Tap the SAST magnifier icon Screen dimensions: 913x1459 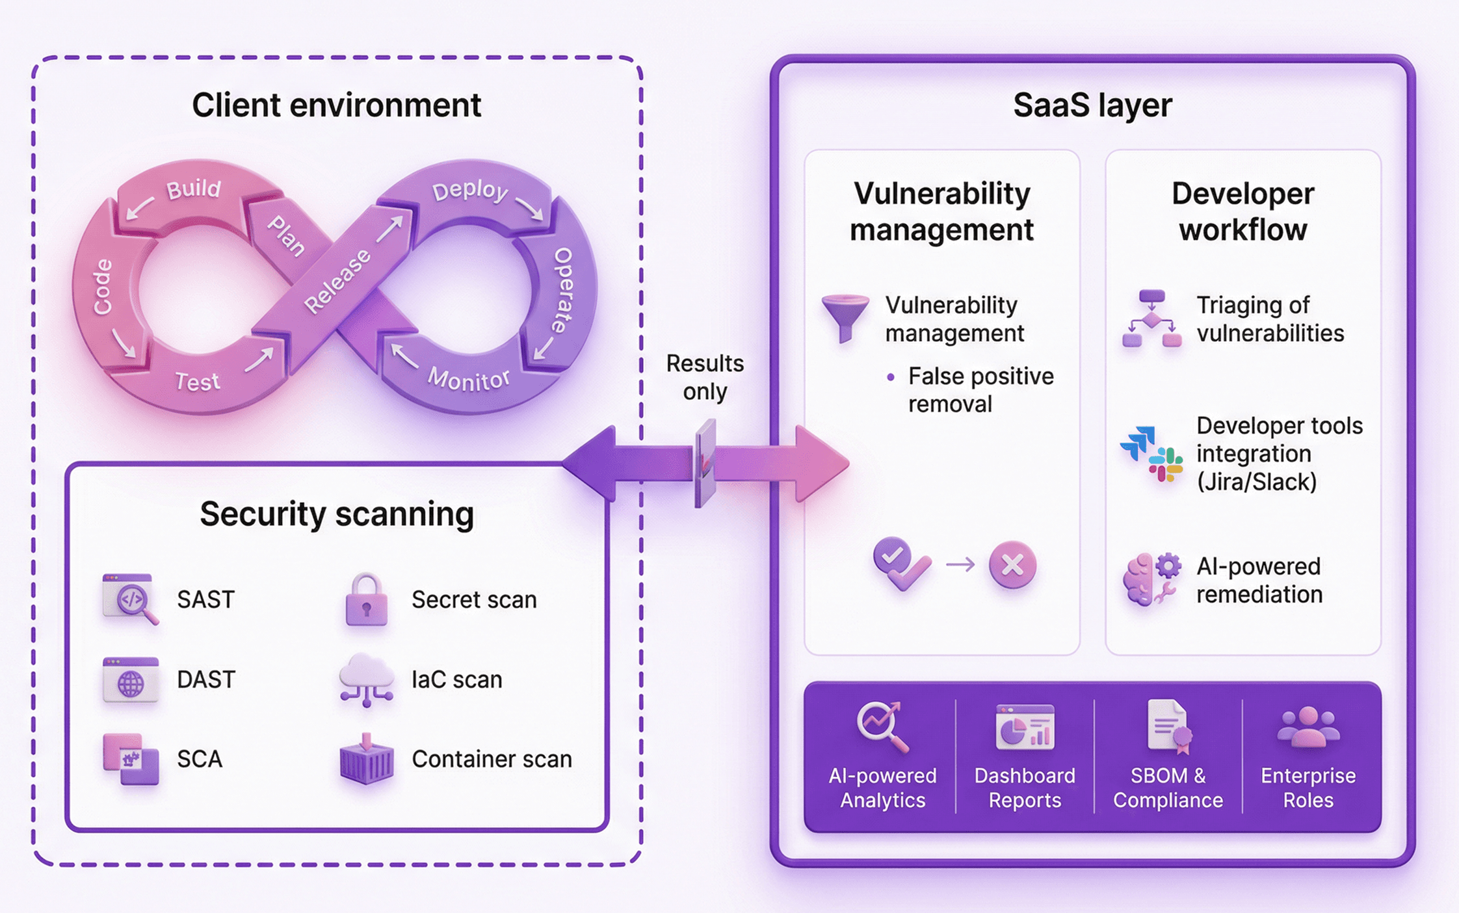tap(131, 599)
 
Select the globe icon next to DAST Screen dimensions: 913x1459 tap(131, 680)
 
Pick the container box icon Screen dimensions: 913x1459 tap(367, 760)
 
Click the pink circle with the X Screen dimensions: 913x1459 tap(1012, 564)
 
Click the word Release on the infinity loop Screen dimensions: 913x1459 tap(337, 281)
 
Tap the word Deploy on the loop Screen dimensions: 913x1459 tap(469, 191)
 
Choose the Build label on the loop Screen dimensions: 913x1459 tap(194, 189)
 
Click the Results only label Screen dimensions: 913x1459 tap(705, 377)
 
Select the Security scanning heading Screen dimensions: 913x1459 tap(337, 514)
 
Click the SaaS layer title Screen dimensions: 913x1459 tap(1092, 105)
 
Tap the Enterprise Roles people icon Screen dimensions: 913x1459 tap(1308, 727)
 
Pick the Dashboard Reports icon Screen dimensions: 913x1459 tap(1025, 727)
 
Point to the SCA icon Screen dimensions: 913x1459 tap(131, 759)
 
